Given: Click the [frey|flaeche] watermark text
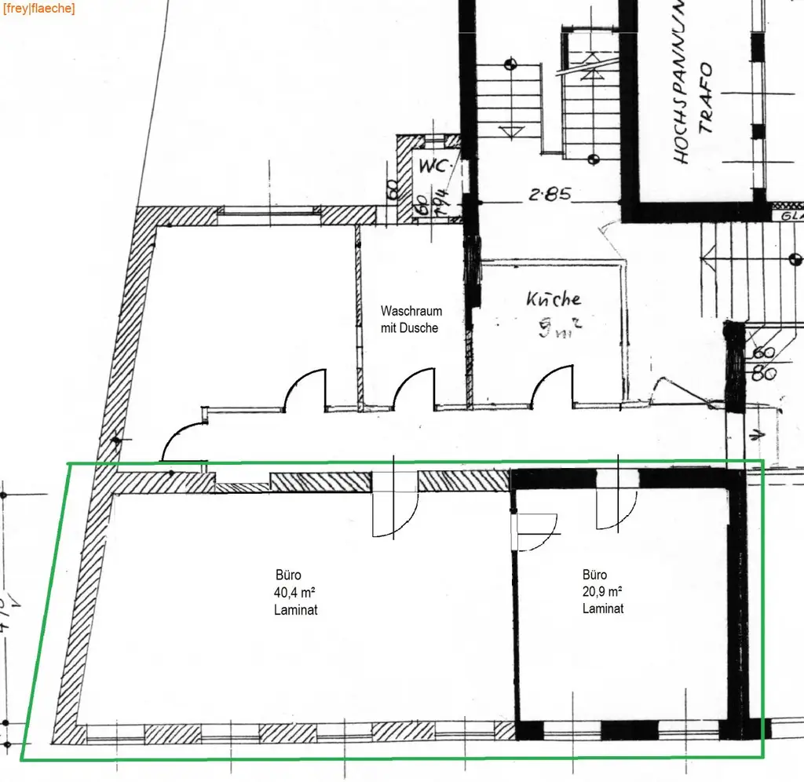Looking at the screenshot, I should [x=39, y=9].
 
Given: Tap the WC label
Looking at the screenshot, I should [x=432, y=166].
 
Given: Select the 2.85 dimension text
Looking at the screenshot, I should [x=549, y=194].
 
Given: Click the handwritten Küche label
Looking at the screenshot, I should [x=554, y=298].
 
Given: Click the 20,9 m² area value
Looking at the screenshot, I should [x=602, y=591].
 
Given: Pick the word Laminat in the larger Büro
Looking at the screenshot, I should [x=296, y=610].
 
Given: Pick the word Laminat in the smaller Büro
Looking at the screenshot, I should [x=603, y=608].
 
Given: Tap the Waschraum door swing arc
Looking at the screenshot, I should [x=413, y=389].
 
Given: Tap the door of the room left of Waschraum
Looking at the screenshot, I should [x=305, y=389].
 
